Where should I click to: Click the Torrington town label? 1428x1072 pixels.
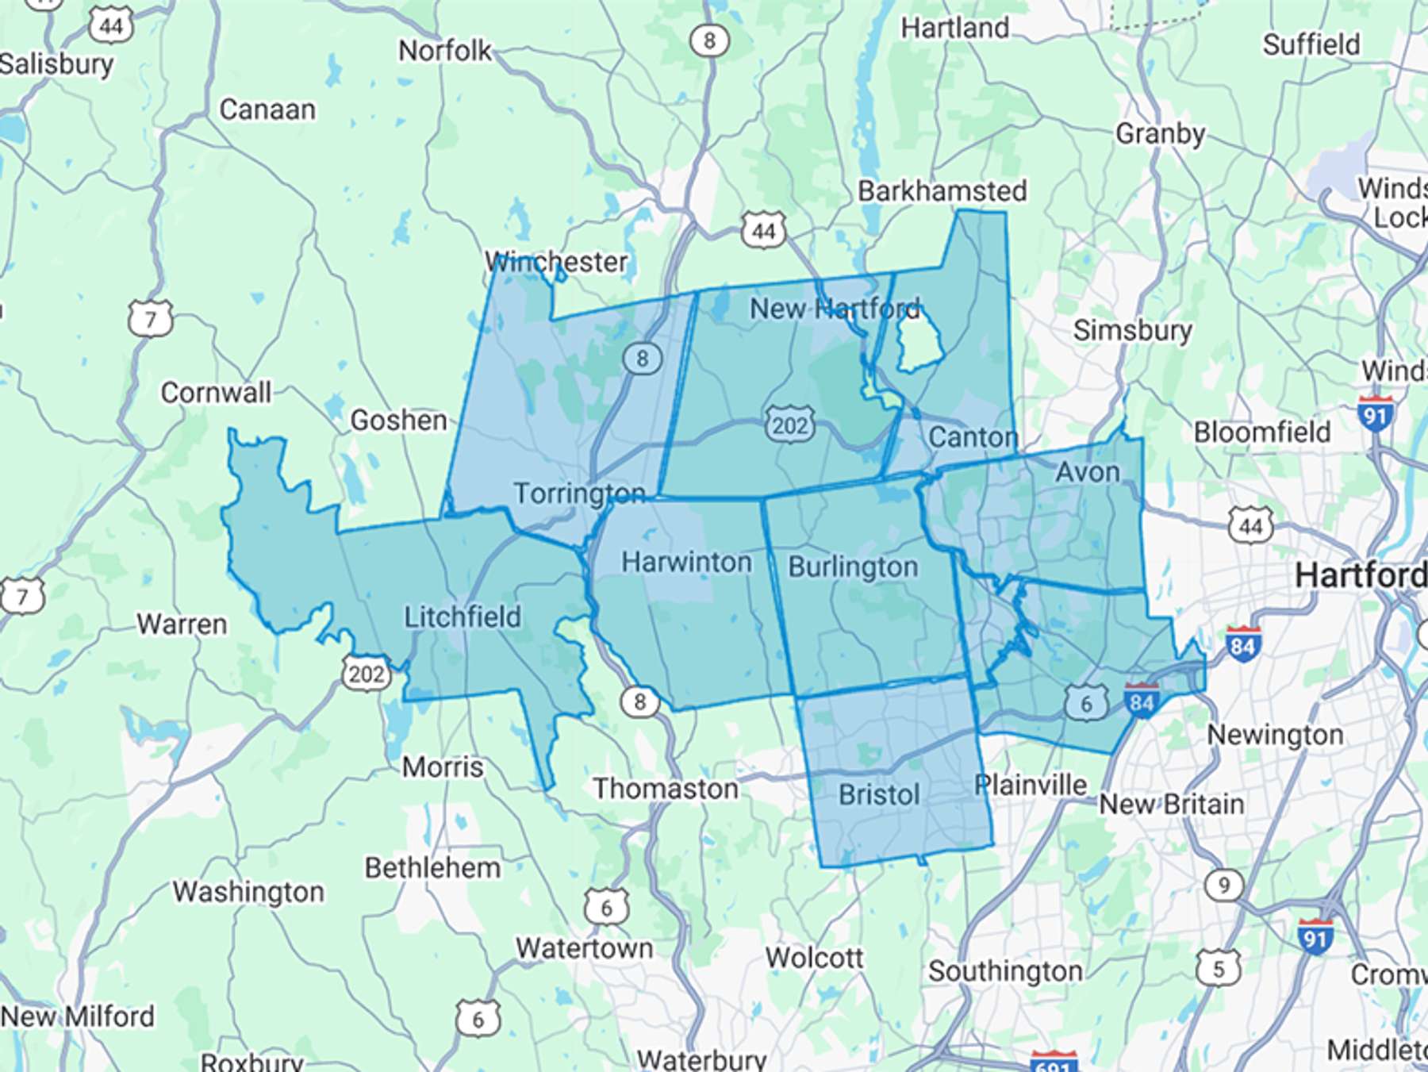(x=579, y=494)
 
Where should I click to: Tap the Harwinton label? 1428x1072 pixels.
(x=686, y=563)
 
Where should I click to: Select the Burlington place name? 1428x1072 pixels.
(x=853, y=567)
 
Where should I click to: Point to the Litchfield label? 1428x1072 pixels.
(x=463, y=617)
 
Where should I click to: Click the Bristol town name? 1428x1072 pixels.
(x=879, y=794)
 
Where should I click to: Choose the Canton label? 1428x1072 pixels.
(x=973, y=437)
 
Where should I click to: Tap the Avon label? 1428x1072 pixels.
(x=1087, y=473)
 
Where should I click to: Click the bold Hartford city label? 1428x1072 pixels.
(x=1361, y=575)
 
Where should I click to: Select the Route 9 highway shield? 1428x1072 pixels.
(x=1224, y=885)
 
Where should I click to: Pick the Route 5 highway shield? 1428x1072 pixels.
(x=1218, y=968)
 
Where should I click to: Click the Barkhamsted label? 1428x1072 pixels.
(x=942, y=191)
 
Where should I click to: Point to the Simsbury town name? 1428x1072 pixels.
(x=1132, y=330)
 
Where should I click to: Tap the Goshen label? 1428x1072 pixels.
(x=398, y=420)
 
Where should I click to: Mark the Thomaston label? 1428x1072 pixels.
(x=666, y=789)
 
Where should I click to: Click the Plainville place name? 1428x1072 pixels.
(x=1031, y=786)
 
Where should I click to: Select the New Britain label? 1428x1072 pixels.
(x=1171, y=805)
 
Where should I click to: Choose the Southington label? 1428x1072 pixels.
(x=1005, y=971)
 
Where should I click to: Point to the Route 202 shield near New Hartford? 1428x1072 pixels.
(x=790, y=425)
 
